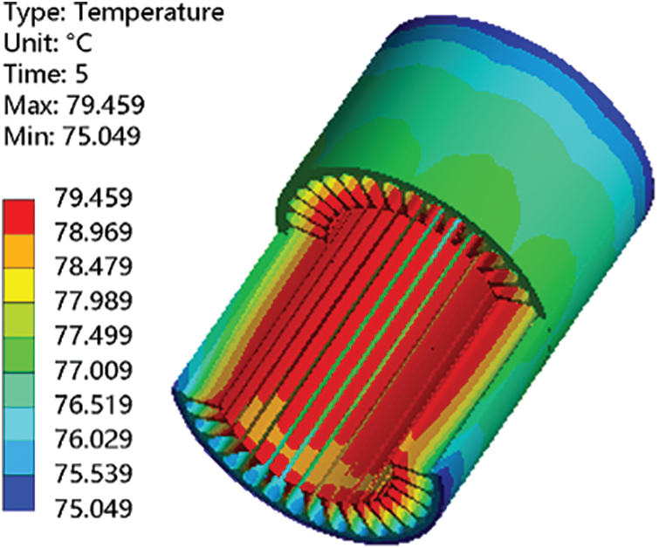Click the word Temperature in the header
click(148, 13)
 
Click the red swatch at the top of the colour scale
click(18, 216)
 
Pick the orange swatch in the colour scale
click(18, 251)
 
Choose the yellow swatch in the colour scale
click(18, 285)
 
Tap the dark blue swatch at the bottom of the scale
click(18, 493)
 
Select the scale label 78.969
click(93, 231)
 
